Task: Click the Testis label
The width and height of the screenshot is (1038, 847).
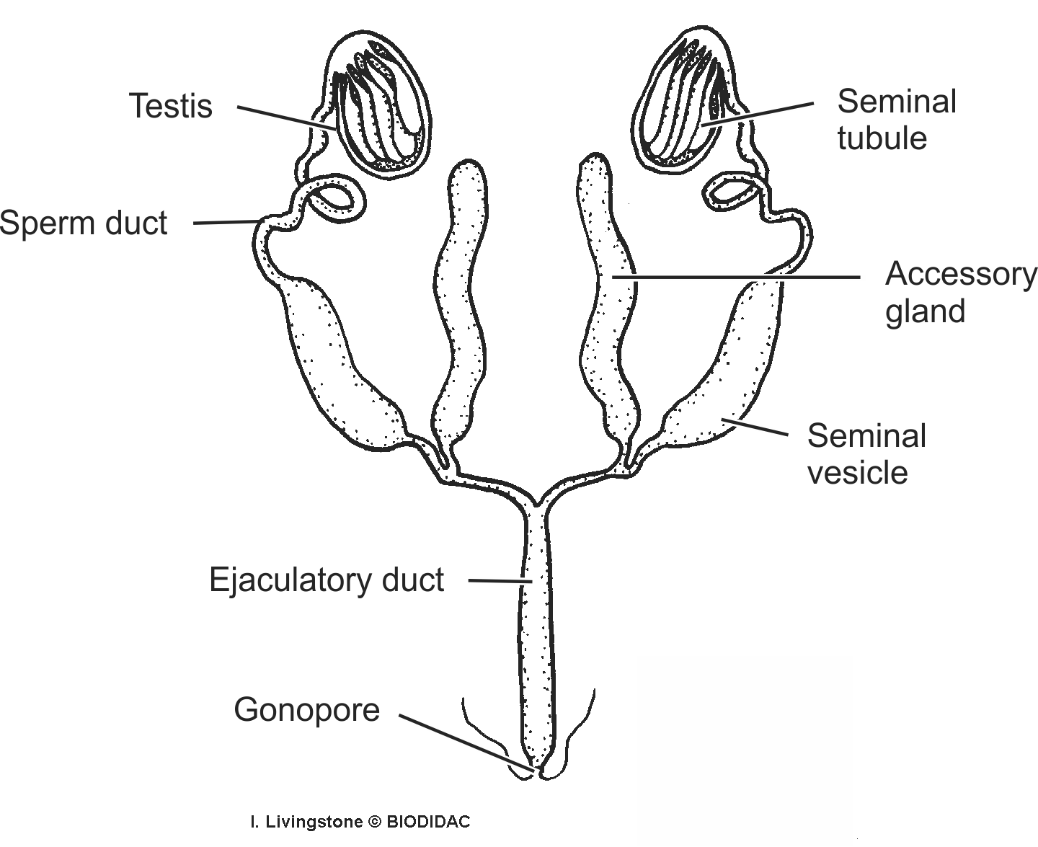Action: (171, 106)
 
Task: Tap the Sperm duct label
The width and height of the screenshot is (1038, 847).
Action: (84, 223)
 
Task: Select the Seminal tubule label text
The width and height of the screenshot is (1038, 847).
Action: (896, 120)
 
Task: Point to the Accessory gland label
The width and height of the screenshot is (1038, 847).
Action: (959, 293)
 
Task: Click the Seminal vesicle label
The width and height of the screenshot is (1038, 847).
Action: (866, 454)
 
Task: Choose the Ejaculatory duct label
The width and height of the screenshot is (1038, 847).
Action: (326, 580)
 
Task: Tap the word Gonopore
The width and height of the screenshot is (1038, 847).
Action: (306, 709)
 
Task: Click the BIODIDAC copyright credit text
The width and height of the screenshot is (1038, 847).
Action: (360, 822)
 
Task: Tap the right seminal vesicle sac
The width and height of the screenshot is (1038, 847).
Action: (728, 368)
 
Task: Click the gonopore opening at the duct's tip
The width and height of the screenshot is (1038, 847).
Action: (537, 773)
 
